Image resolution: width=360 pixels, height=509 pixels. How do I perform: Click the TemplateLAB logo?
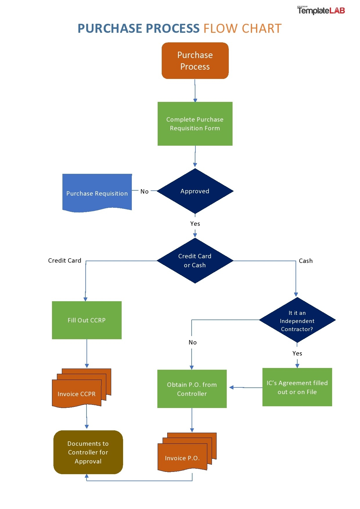321,10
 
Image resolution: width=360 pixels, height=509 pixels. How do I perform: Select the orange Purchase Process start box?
195,61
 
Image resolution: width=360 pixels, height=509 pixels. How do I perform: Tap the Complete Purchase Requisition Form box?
195,124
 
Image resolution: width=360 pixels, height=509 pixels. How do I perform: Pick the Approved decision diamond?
195,191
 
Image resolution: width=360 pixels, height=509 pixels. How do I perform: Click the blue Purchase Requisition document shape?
97,192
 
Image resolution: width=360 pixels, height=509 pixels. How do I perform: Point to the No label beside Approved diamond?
144,192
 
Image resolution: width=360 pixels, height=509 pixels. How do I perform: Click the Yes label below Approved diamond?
195,224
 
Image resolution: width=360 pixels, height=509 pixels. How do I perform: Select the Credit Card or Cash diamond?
195,260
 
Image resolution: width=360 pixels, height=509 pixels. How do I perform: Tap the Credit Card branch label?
64,261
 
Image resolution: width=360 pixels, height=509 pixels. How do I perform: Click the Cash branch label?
306,261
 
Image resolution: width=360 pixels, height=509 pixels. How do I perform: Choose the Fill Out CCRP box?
87,320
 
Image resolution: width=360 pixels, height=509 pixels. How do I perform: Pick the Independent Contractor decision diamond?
297,320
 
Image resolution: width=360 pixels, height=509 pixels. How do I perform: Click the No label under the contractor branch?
192,342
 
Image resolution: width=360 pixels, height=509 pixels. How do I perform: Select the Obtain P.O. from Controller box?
192,389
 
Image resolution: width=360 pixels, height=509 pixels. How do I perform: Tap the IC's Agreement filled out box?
297,387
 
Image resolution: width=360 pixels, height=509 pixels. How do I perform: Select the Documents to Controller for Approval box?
88,452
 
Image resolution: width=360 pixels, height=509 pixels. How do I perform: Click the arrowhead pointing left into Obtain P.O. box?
231,387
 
